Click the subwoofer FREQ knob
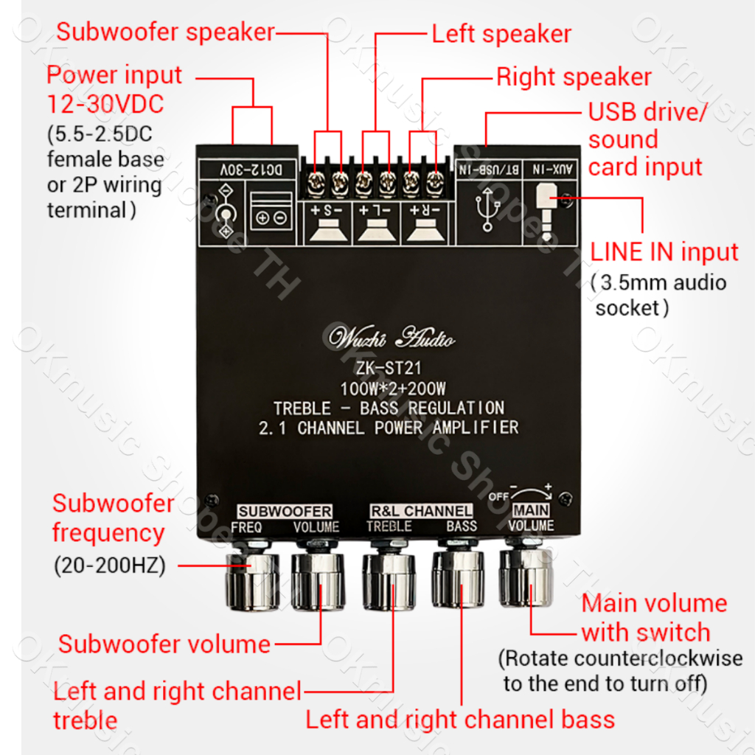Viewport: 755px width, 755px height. pos(251,582)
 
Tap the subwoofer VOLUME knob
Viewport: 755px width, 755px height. pos(318,582)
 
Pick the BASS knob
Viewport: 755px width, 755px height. pos(458,580)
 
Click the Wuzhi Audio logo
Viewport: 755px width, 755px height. pos(392,338)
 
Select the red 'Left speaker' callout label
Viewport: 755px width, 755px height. pos(501,34)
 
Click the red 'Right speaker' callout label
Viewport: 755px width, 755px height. pos(574,77)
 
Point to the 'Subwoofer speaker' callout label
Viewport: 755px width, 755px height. pos(165,32)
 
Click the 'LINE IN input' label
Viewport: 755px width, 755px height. pos(664,252)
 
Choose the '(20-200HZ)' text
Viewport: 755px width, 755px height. pos(110,566)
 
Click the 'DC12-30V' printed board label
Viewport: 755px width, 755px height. pos(248,170)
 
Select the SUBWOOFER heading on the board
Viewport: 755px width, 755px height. pos(285,511)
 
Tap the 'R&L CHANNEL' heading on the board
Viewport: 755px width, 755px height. pos(421,511)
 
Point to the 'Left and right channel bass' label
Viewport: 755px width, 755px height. pos(460,719)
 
